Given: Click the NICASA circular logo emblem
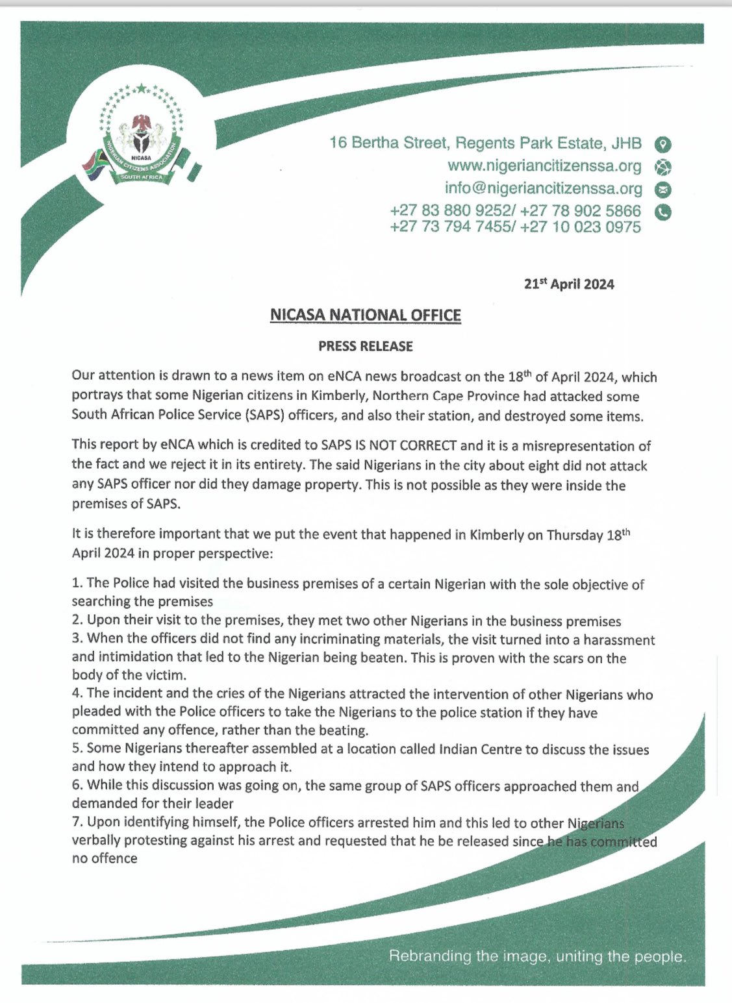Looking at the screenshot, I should (140, 137).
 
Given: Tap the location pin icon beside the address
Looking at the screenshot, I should (663, 144).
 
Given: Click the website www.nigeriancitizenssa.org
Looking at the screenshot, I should (544, 166).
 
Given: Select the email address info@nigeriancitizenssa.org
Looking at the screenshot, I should (543, 188).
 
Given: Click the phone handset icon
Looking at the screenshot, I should (663, 212).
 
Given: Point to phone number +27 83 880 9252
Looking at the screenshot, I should (450, 211).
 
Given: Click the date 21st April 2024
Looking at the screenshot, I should (569, 284).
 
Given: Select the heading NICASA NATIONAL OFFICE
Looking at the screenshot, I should (366, 316).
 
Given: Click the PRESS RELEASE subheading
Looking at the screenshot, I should (366, 347).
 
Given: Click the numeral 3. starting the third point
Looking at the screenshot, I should (77, 639).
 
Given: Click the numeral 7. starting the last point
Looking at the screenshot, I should (77, 822).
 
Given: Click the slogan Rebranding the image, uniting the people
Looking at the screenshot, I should (537, 956).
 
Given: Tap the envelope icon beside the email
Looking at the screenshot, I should (663, 190).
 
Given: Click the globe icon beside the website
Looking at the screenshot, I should (663, 167).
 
